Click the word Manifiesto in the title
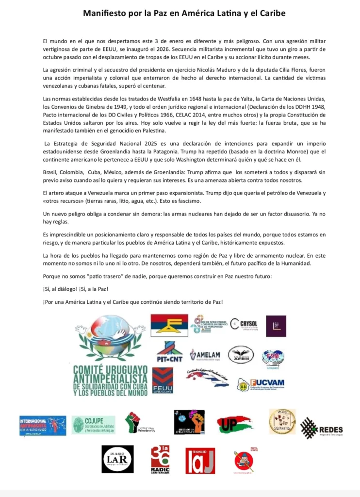[x=103, y=14]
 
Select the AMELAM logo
[x=205, y=355]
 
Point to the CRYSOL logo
[x=245, y=324]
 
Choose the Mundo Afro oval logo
[x=241, y=354]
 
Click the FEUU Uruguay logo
[x=163, y=380]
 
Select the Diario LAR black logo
[x=117, y=459]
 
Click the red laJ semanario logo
[x=200, y=460]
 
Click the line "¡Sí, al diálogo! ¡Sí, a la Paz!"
[x=75, y=289]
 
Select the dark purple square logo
[x=276, y=326]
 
